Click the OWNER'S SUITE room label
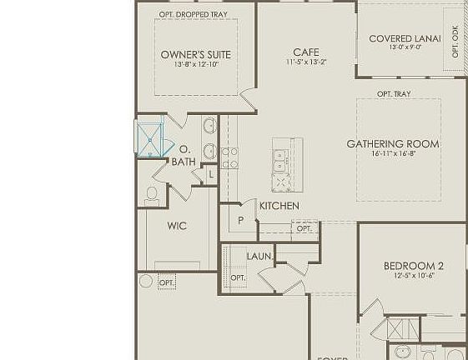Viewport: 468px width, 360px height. click(x=196, y=55)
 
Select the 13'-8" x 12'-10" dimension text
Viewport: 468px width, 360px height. click(x=196, y=65)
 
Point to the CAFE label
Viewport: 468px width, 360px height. click(x=306, y=52)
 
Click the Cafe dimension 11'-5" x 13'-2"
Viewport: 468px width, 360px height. click(x=306, y=62)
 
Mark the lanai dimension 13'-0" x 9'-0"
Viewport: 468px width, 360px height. click(x=405, y=48)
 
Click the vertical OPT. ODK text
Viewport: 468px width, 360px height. click(x=455, y=41)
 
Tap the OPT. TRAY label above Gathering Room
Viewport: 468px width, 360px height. click(x=394, y=94)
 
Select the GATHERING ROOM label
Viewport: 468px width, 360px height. click(x=393, y=144)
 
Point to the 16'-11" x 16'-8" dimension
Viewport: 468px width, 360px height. click(x=393, y=154)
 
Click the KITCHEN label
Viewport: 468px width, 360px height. click(x=279, y=206)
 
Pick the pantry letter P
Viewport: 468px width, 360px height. click(x=241, y=221)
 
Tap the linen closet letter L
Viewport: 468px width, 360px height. click(x=211, y=175)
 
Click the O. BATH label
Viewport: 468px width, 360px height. click(x=184, y=156)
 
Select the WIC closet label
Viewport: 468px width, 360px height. click(x=177, y=226)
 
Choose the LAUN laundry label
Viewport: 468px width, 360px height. click(x=259, y=256)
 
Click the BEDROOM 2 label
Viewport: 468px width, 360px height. click(x=414, y=266)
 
